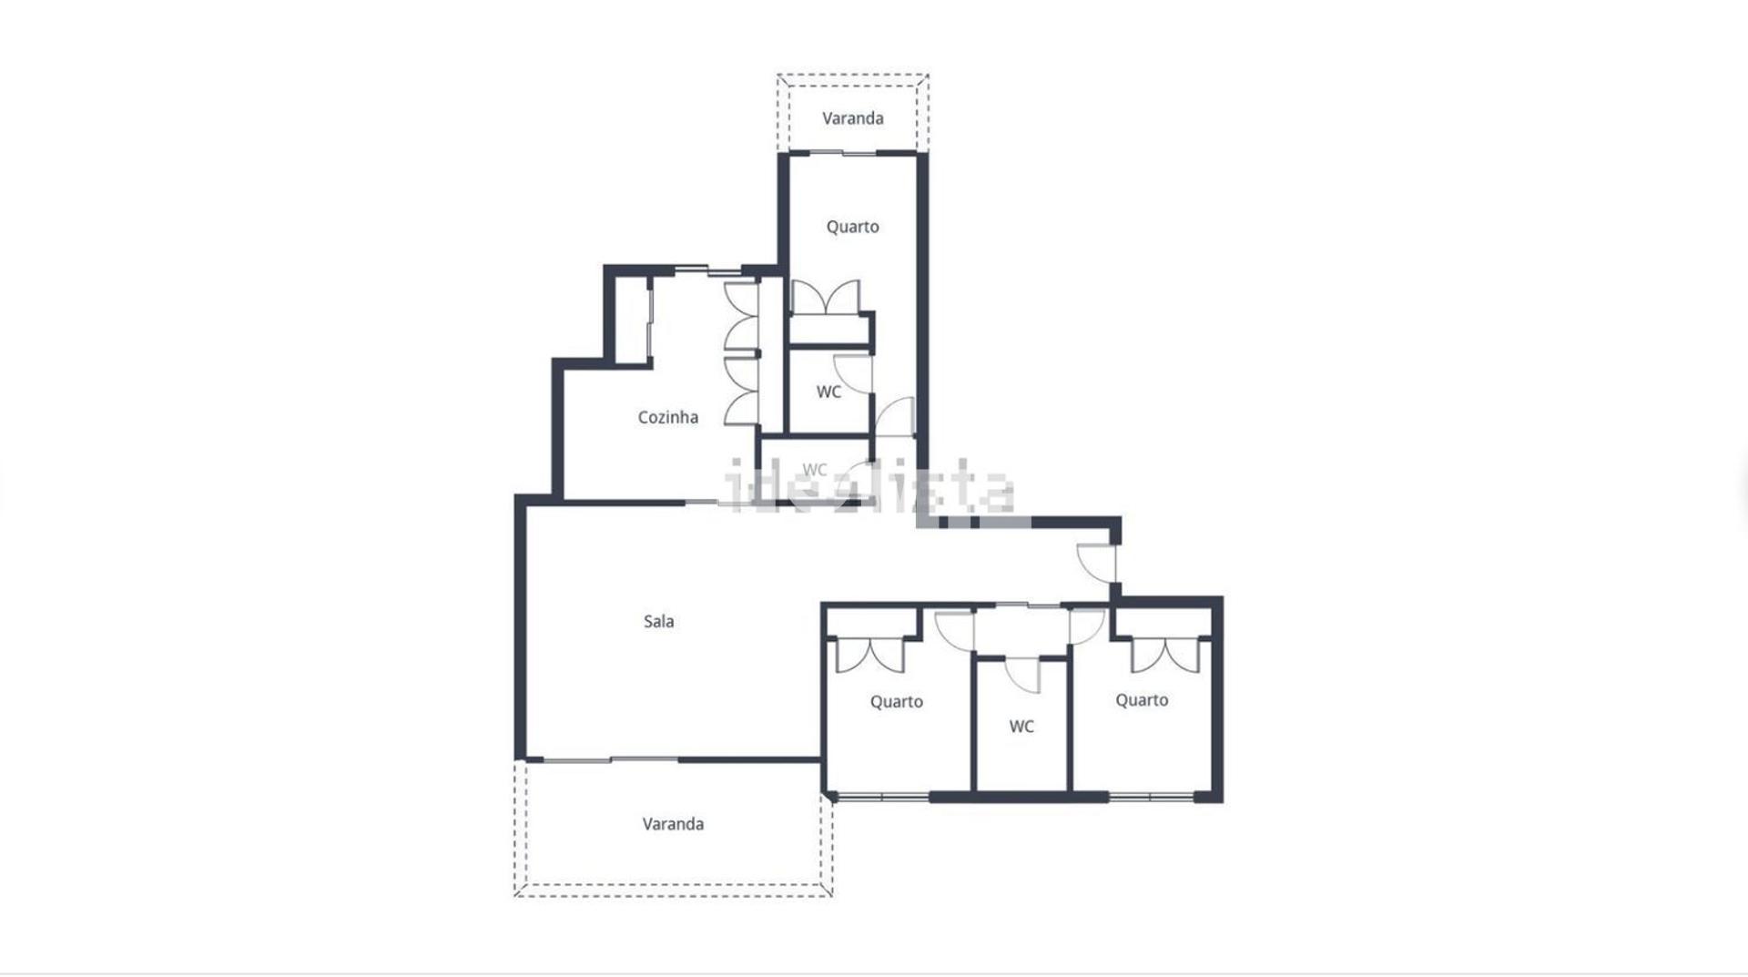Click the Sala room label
tap(658, 622)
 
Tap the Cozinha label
tap(667, 418)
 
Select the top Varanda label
tap(852, 118)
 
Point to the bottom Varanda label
tap(673, 824)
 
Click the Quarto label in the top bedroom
tap(852, 227)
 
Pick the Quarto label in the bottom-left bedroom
tap(896, 702)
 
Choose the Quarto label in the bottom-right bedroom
tap(1142, 700)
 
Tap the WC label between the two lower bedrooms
tap(1021, 727)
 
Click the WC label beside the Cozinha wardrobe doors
tap(828, 392)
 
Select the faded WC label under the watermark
tap(815, 470)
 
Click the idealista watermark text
tap(869, 487)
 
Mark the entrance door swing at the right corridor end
tap(1096, 563)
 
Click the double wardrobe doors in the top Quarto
tap(825, 298)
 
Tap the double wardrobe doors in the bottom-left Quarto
tap(871, 656)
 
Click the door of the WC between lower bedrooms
tap(1022, 675)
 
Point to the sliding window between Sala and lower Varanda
tap(611, 759)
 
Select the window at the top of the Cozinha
tap(707, 270)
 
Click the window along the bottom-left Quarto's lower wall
tap(882, 798)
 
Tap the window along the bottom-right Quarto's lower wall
tap(1151, 798)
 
